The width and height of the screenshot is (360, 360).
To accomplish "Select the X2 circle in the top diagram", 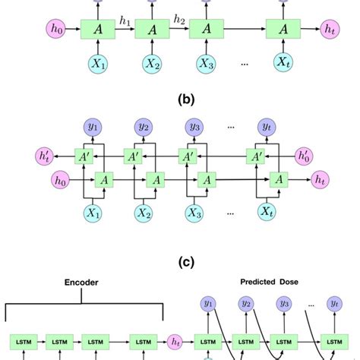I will [150, 63].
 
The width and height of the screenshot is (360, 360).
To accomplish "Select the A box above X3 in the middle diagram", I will [212, 179].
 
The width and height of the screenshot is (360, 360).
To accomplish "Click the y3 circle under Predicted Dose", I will [284, 304].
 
